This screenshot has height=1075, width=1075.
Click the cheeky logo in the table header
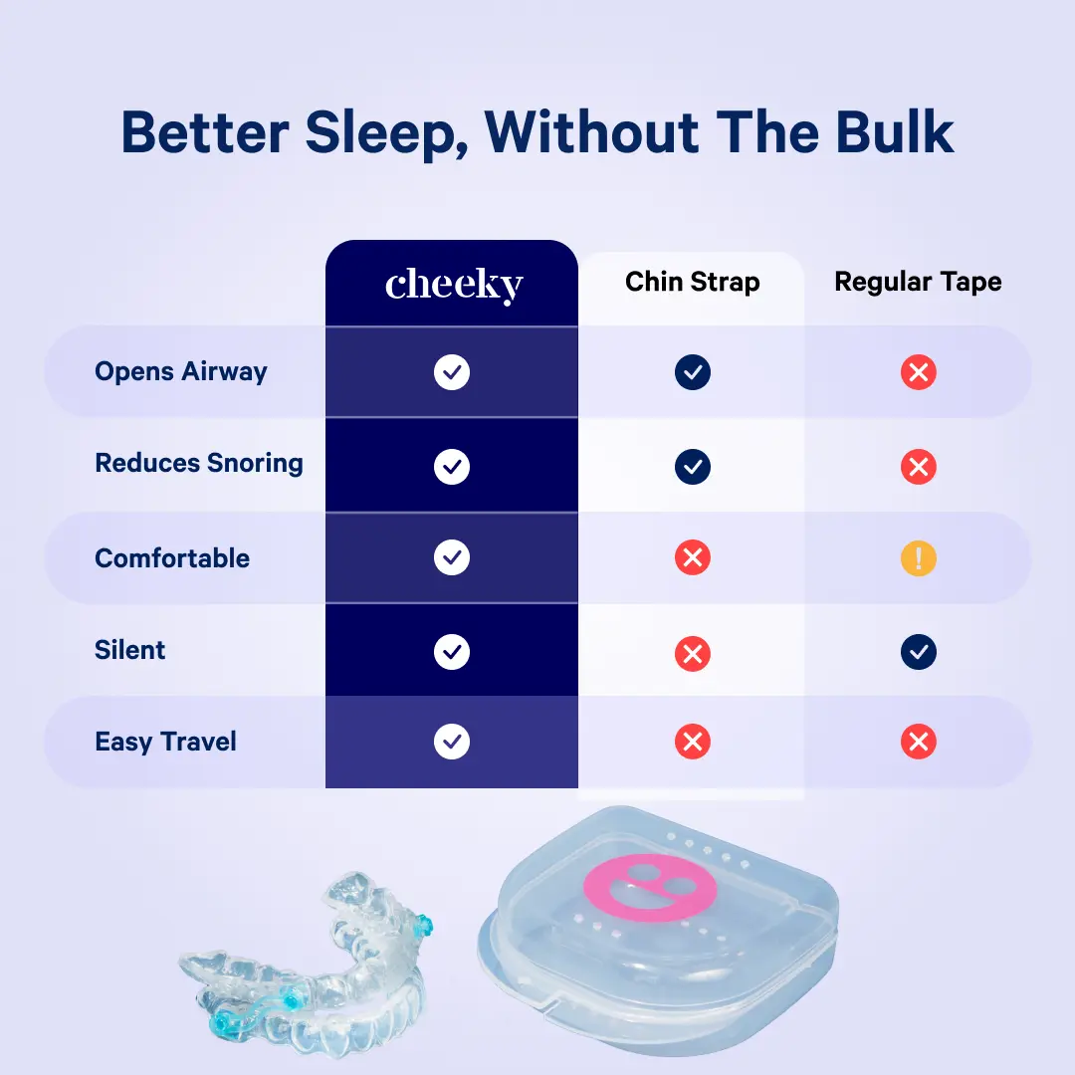pyautogui.click(x=453, y=286)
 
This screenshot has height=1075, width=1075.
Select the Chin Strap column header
pyautogui.click(x=692, y=282)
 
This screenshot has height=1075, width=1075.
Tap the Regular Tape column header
pyautogui.click(x=918, y=282)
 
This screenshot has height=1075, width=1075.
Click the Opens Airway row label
pyautogui.click(x=181, y=372)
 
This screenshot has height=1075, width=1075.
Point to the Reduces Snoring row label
pyautogui.click(x=199, y=464)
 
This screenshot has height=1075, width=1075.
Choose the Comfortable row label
pyautogui.click(x=172, y=558)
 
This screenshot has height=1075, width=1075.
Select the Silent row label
pyautogui.click(x=130, y=651)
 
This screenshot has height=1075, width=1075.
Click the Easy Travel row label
pyautogui.click(x=166, y=743)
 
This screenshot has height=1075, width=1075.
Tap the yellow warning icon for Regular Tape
pyautogui.click(x=918, y=558)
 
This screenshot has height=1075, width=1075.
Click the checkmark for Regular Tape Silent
pyautogui.click(x=918, y=652)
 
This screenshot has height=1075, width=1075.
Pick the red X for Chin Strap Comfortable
pyautogui.click(x=692, y=558)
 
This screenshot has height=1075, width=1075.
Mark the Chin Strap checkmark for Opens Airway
pyautogui.click(x=692, y=373)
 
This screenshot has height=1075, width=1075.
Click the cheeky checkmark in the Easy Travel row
pyautogui.click(x=452, y=742)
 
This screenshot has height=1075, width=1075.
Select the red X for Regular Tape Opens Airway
pyautogui.click(x=918, y=373)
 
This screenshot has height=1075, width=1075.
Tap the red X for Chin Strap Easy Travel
pyautogui.click(x=692, y=742)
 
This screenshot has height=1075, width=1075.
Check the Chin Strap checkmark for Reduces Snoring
pyautogui.click(x=692, y=466)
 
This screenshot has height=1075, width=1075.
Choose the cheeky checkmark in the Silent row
pyautogui.click(x=452, y=652)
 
